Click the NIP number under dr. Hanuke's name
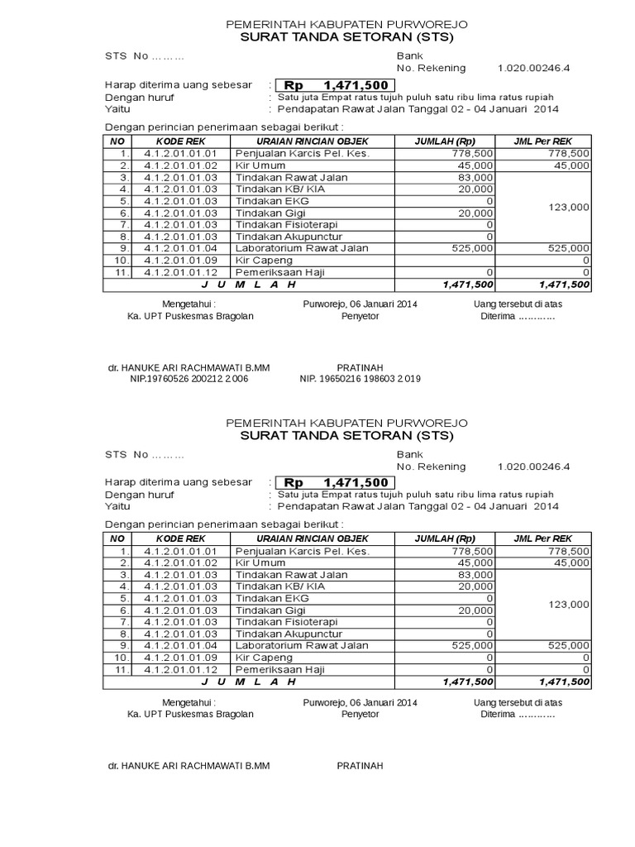(189, 378)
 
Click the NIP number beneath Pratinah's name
(360, 378)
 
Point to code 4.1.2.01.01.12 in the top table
(180, 271)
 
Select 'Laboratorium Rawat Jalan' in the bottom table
(294, 645)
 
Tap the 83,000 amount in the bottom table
(478, 575)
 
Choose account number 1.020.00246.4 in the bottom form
(533, 466)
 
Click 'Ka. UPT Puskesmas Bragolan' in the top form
(190, 316)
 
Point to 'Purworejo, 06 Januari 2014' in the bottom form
(360, 701)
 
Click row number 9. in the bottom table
(123, 645)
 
